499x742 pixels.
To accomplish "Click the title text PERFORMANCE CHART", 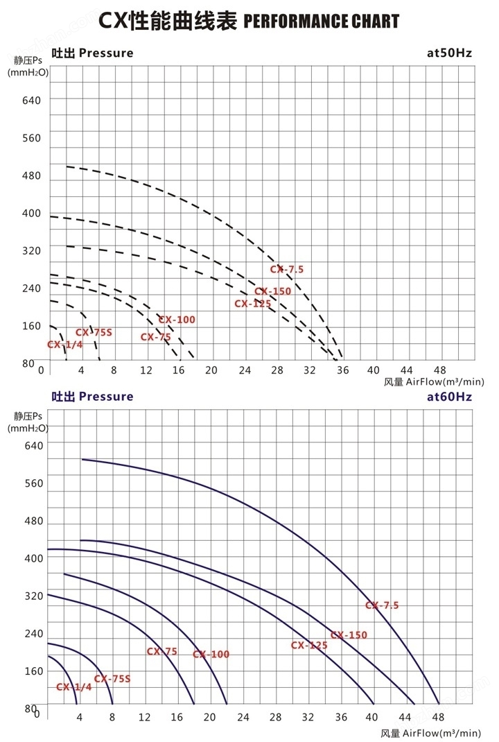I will tap(322, 21).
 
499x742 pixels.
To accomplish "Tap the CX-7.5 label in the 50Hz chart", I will tap(287, 269).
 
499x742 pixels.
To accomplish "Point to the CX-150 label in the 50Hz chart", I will tap(272, 291).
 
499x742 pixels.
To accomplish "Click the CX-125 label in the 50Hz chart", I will tap(252, 303).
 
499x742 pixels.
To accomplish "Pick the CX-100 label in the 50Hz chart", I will tap(177, 320).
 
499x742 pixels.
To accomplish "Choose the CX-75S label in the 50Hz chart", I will tap(94, 332).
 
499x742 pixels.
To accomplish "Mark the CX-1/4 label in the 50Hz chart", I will tap(65, 345).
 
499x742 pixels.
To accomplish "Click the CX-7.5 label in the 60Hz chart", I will tap(382, 605).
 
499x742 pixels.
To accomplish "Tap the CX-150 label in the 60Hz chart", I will tap(349, 635).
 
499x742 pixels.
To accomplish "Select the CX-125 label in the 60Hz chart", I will tap(309, 646).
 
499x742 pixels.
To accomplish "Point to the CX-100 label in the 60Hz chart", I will tap(211, 655).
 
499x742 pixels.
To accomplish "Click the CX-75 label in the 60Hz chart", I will tap(161, 651).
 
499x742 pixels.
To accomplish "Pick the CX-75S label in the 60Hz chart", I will tap(112, 679).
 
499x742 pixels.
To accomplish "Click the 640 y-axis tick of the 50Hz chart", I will tap(32, 101).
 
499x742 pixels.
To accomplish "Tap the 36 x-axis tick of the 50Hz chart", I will tap(342, 370).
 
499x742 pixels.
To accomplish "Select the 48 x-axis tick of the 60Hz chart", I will tap(437, 716).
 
